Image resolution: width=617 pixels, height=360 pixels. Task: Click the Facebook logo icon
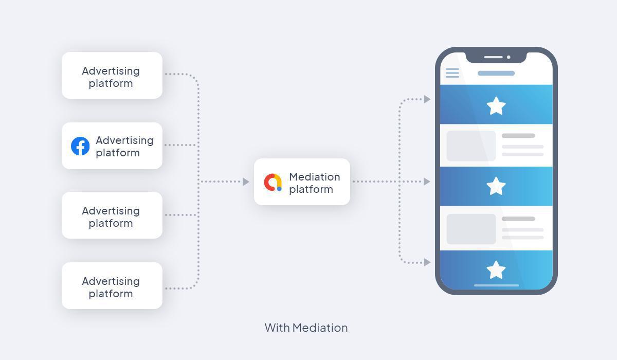point(80,146)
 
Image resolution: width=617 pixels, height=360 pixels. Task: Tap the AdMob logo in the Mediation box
point(273,182)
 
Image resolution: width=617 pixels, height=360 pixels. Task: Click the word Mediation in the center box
point(314,176)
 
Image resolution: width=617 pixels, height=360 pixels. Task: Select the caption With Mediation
point(306,328)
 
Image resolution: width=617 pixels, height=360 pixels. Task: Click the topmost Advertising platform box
point(112,75)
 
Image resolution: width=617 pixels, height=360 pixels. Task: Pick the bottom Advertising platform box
point(112,285)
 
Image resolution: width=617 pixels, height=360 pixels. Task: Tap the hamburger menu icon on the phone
point(452,73)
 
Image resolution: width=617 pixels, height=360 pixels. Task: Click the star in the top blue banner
point(496,106)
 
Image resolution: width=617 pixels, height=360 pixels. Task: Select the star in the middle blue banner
point(496,186)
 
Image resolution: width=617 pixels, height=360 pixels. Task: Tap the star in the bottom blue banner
point(496,270)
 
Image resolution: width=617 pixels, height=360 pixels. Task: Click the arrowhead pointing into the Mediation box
point(246,182)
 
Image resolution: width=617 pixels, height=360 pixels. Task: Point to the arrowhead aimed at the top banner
point(427,99)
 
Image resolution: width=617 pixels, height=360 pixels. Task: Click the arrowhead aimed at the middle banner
point(427,182)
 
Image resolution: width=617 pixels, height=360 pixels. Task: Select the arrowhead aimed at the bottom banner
point(427,262)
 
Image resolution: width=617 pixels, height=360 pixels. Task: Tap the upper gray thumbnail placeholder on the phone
point(471,146)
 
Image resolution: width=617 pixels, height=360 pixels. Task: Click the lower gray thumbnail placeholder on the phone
point(471,229)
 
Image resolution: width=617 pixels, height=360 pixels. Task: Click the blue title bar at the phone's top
point(496,73)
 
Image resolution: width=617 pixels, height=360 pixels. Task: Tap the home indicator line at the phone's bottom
point(496,285)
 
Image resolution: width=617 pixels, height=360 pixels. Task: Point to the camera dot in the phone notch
point(509,57)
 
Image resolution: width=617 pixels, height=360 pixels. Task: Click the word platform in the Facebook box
point(117,153)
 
